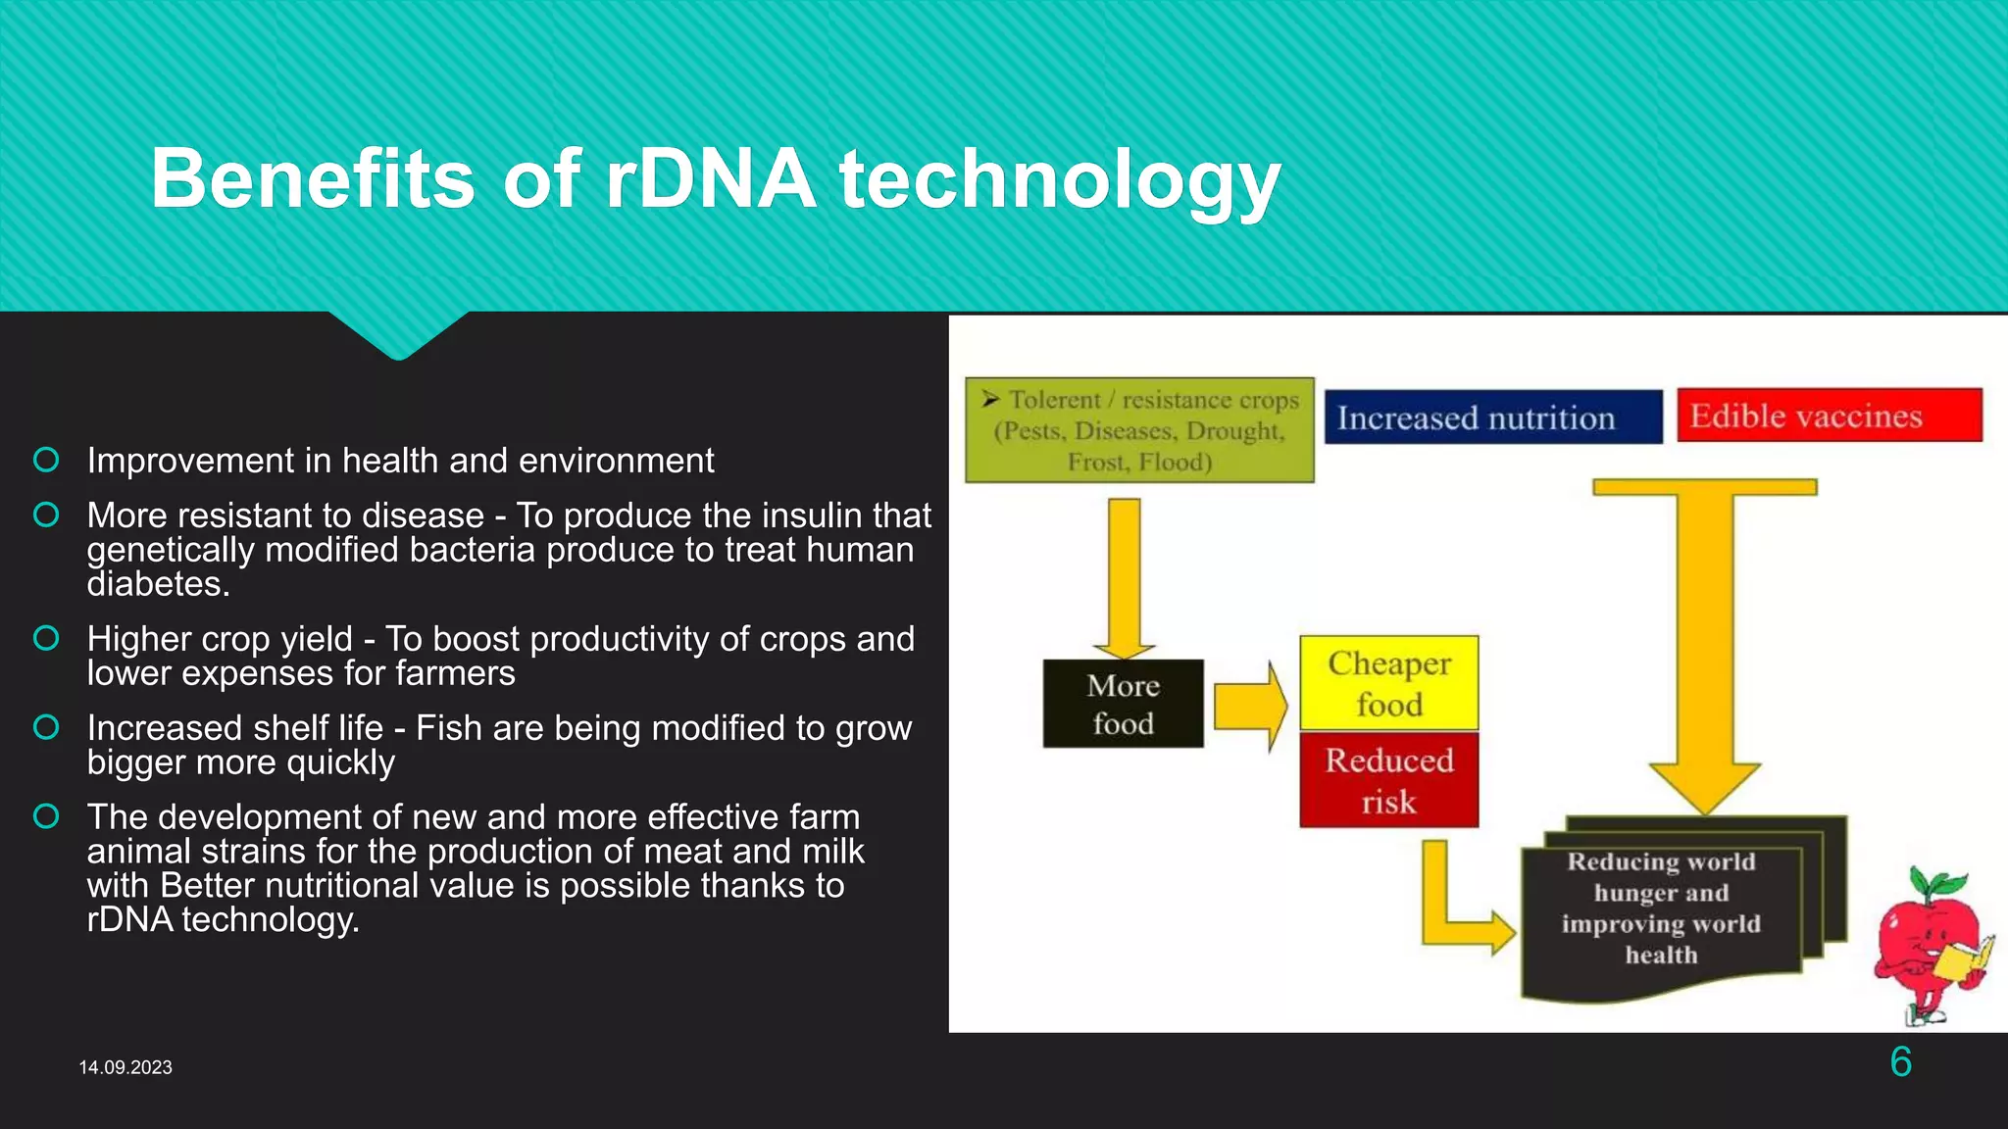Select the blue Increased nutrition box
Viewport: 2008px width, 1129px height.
pos(1492,417)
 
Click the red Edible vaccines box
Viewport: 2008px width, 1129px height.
pos(1829,416)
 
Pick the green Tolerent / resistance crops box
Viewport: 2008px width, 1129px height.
pos(1139,430)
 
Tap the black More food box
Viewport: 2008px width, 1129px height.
pos(1123,704)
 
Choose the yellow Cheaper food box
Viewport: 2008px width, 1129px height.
pos(1388,683)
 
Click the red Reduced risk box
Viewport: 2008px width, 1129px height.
pos(1388,780)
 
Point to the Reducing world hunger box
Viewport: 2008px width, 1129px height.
pos(1661,908)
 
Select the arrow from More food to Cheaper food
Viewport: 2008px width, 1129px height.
pos(1250,706)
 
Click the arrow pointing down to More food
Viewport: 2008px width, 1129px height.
pos(1124,578)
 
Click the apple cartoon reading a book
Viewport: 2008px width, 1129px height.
pos(1930,946)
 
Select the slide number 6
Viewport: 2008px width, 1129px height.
pos(1900,1062)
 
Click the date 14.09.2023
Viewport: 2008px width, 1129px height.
pos(125,1067)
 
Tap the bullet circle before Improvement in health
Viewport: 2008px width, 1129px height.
pos(46,460)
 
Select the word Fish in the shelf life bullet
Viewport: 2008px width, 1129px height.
pos(449,728)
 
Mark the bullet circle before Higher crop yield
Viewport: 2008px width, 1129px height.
pos(46,639)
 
